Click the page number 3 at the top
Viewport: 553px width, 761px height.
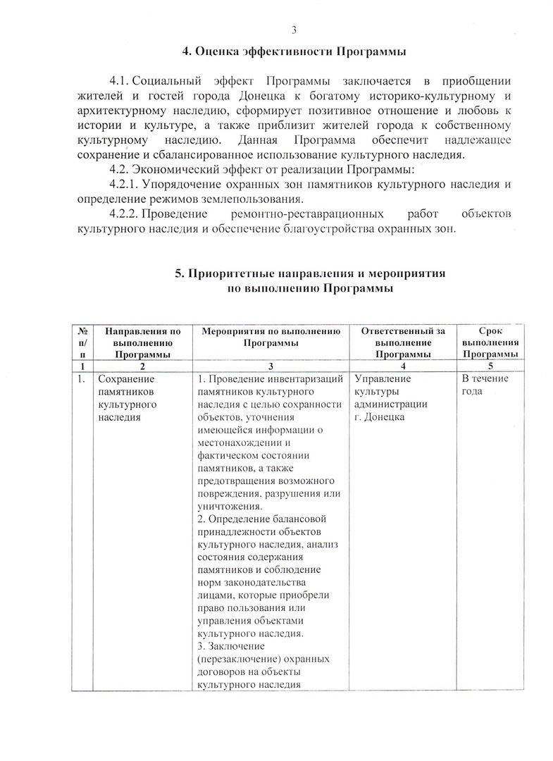[x=294, y=30]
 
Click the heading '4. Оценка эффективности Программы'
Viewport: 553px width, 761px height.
[x=294, y=51]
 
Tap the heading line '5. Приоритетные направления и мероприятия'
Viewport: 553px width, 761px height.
[x=311, y=273]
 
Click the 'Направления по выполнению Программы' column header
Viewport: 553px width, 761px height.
[x=142, y=342]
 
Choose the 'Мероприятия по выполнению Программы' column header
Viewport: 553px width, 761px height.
[x=271, y=336]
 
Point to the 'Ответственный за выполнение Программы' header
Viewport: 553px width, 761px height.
[x=402, y=342]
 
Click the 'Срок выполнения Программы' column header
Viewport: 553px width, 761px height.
[x=489, y=342]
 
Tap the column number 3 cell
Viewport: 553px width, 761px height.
[x=271, y=366]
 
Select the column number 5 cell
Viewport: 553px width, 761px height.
[x=489, y=366]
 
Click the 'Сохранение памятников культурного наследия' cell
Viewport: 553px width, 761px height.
[x=127, y=398]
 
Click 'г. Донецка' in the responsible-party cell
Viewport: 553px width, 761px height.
[x=379, y=417]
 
